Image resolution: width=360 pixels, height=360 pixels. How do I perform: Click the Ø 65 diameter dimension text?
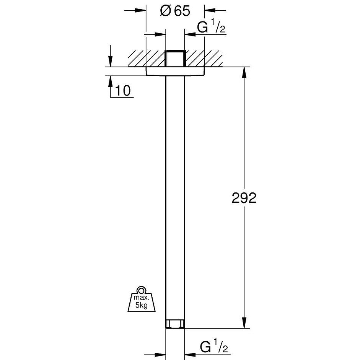tap(175, 11)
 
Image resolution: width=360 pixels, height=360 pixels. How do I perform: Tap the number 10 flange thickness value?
tap(123, 91)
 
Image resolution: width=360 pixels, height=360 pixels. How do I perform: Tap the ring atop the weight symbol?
tap(141, 289)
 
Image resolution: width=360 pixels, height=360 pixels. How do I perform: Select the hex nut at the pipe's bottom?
tap(175, 324)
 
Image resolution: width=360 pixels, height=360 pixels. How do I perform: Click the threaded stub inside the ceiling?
tap(175, 59)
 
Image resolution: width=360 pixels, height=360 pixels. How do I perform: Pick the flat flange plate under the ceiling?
tap(175, 72)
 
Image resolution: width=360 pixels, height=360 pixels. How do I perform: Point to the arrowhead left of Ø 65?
tap(142, 11)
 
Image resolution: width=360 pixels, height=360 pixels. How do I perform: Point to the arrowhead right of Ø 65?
tap(209, 11)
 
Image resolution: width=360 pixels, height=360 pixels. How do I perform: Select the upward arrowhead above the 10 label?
tap(111, 80)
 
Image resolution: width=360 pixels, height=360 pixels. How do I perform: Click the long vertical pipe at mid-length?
tap(175, 199)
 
